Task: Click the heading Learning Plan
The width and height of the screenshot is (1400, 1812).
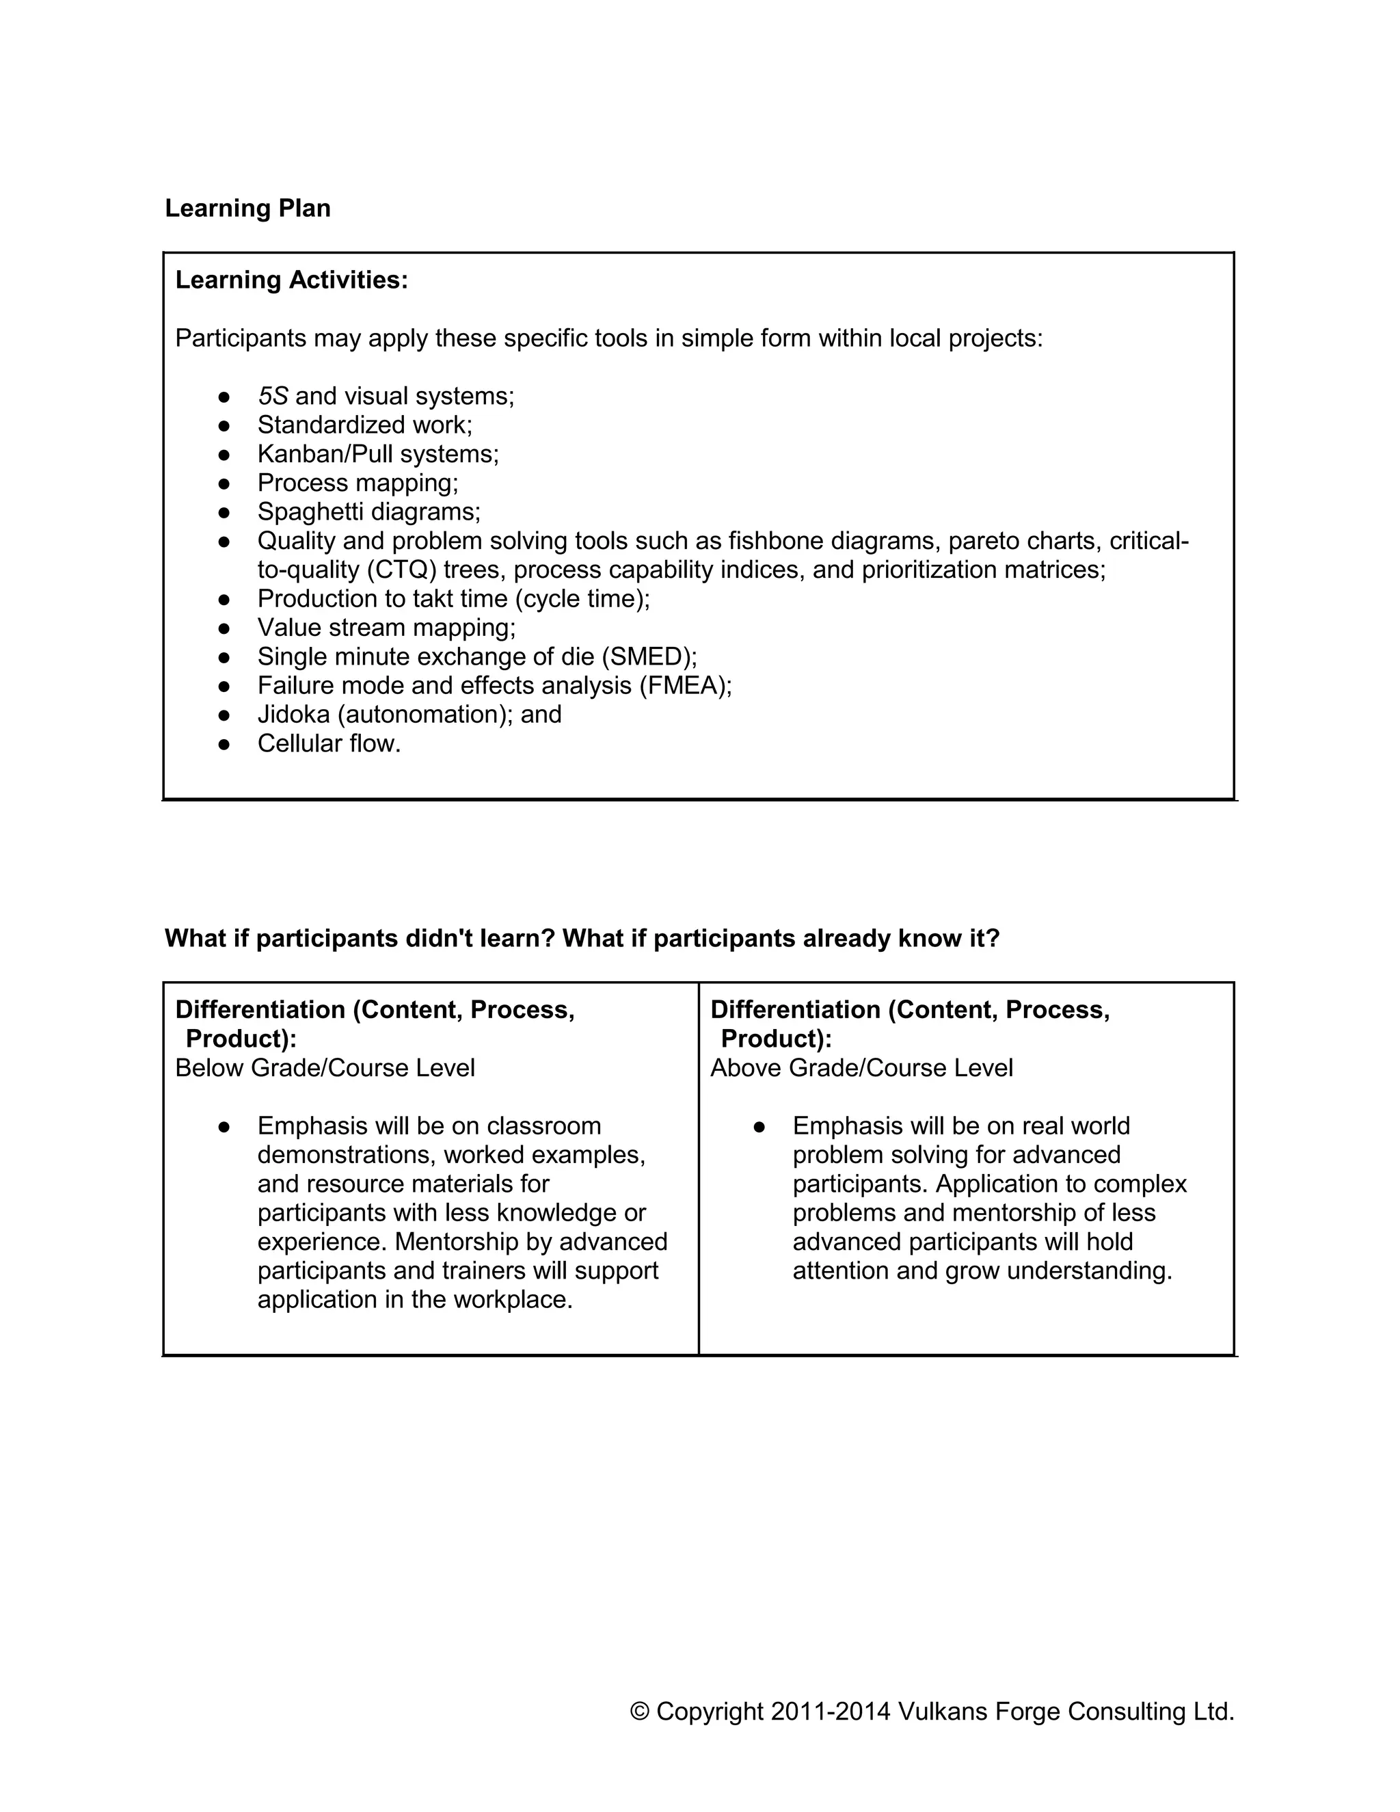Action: pyautogui.click(x=247, y=209)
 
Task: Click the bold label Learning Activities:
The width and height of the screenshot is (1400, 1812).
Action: pyautogui.click(x=291, y=280)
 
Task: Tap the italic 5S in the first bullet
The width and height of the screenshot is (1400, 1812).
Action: pyautogui.click(x=272, y=397)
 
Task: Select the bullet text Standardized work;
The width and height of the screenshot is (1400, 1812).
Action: pyautogui.click(x=364, y=425)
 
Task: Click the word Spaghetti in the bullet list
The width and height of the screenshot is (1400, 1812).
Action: pyautogui.click(x=306, y=512)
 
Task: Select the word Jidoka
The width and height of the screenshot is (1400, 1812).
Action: pyautogui.click(x=293, y=715)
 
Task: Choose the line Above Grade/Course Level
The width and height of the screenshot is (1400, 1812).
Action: pyautogui.click(x=861, y=1068)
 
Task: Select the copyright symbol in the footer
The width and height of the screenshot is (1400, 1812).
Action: pyautogui.click(x=638, y=1711)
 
